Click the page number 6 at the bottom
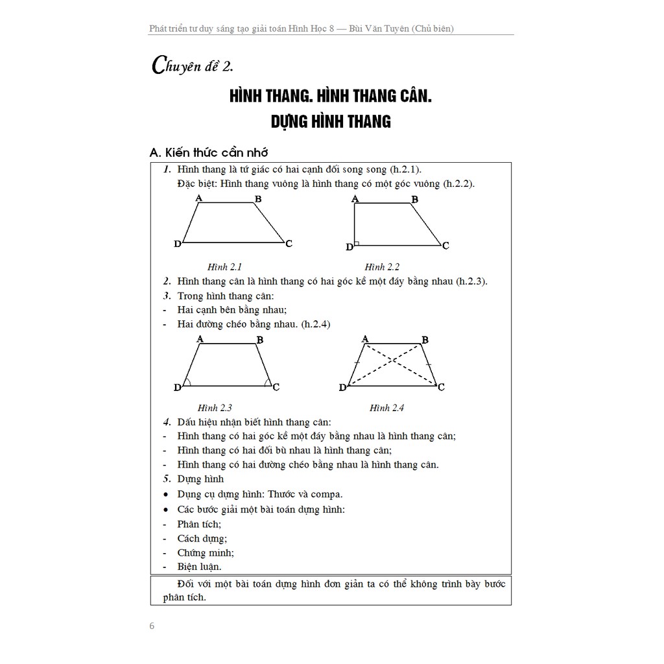pyautogui.click(x=152, y=626)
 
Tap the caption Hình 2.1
pyautogui.click(x=224, y=267)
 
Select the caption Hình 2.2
pyautogui.click(x=382, y=267)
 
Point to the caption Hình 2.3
pyautogui.click(x=215, y=408)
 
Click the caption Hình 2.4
pyautogui.click(x=387, y=408)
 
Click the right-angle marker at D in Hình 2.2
pyautogui.click(x=357, y=244)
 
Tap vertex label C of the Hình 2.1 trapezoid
pyautogui.click(x=289, y=243)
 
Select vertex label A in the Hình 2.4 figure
pyautogui.click(x=365, y=338)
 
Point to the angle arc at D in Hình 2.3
pyautogui.click(x=187, y=383)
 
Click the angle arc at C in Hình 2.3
pyautogui.click(x=267, y=383)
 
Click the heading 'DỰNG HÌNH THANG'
pyautogui.click(x=330, y=121)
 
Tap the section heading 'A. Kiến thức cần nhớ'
pyautogui.click(x=208, y=152)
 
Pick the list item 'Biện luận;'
pyautogui.click(x=199, y=566)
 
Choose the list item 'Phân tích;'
pyautogui.click(x=199, y=523)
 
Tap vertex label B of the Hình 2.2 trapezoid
pyautogui.click(x=415, y=200)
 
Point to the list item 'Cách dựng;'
pyautogui.click(x=202, y=538)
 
